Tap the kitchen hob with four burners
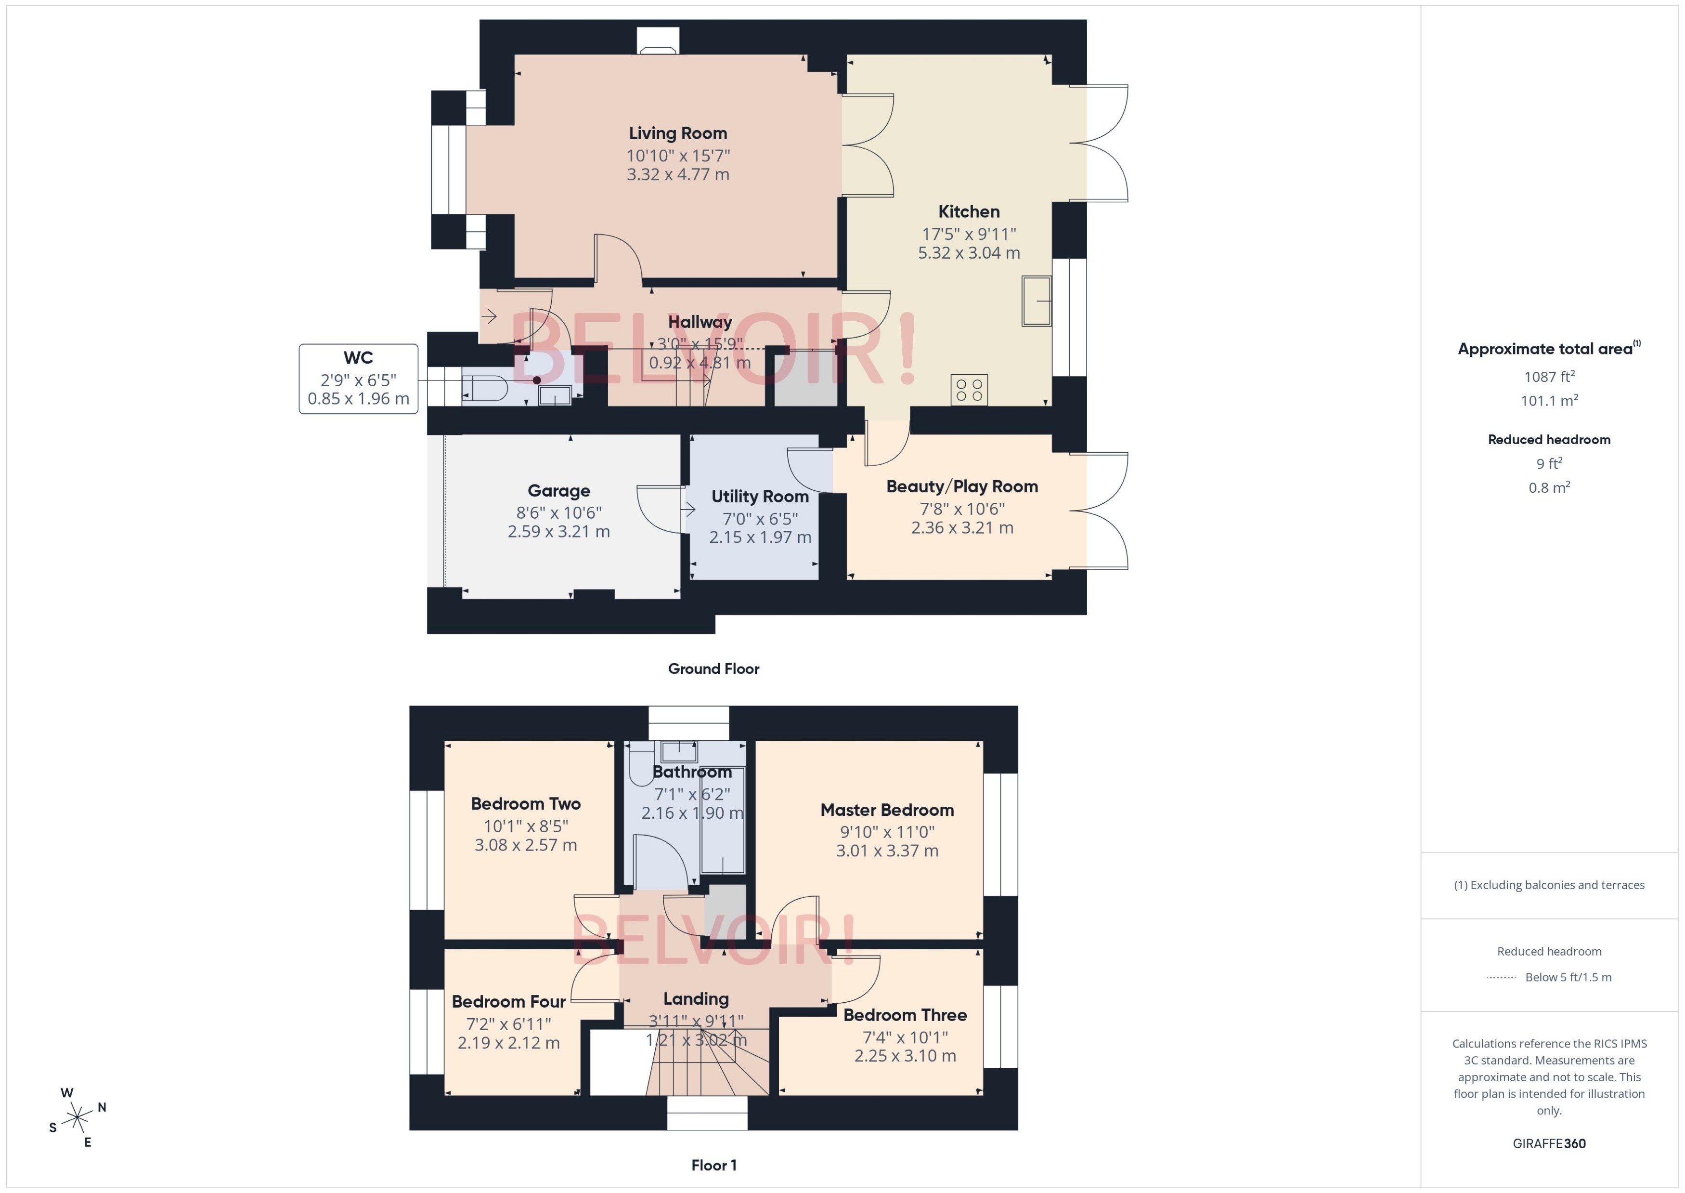[969, 389]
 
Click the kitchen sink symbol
[1036, 301]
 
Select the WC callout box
[358, 379]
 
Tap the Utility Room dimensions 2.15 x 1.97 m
[760, 537]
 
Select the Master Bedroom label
[886, 810]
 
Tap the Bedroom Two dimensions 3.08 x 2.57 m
[526, 845]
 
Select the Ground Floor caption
[713, 669]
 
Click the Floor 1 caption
[713, 1165]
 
